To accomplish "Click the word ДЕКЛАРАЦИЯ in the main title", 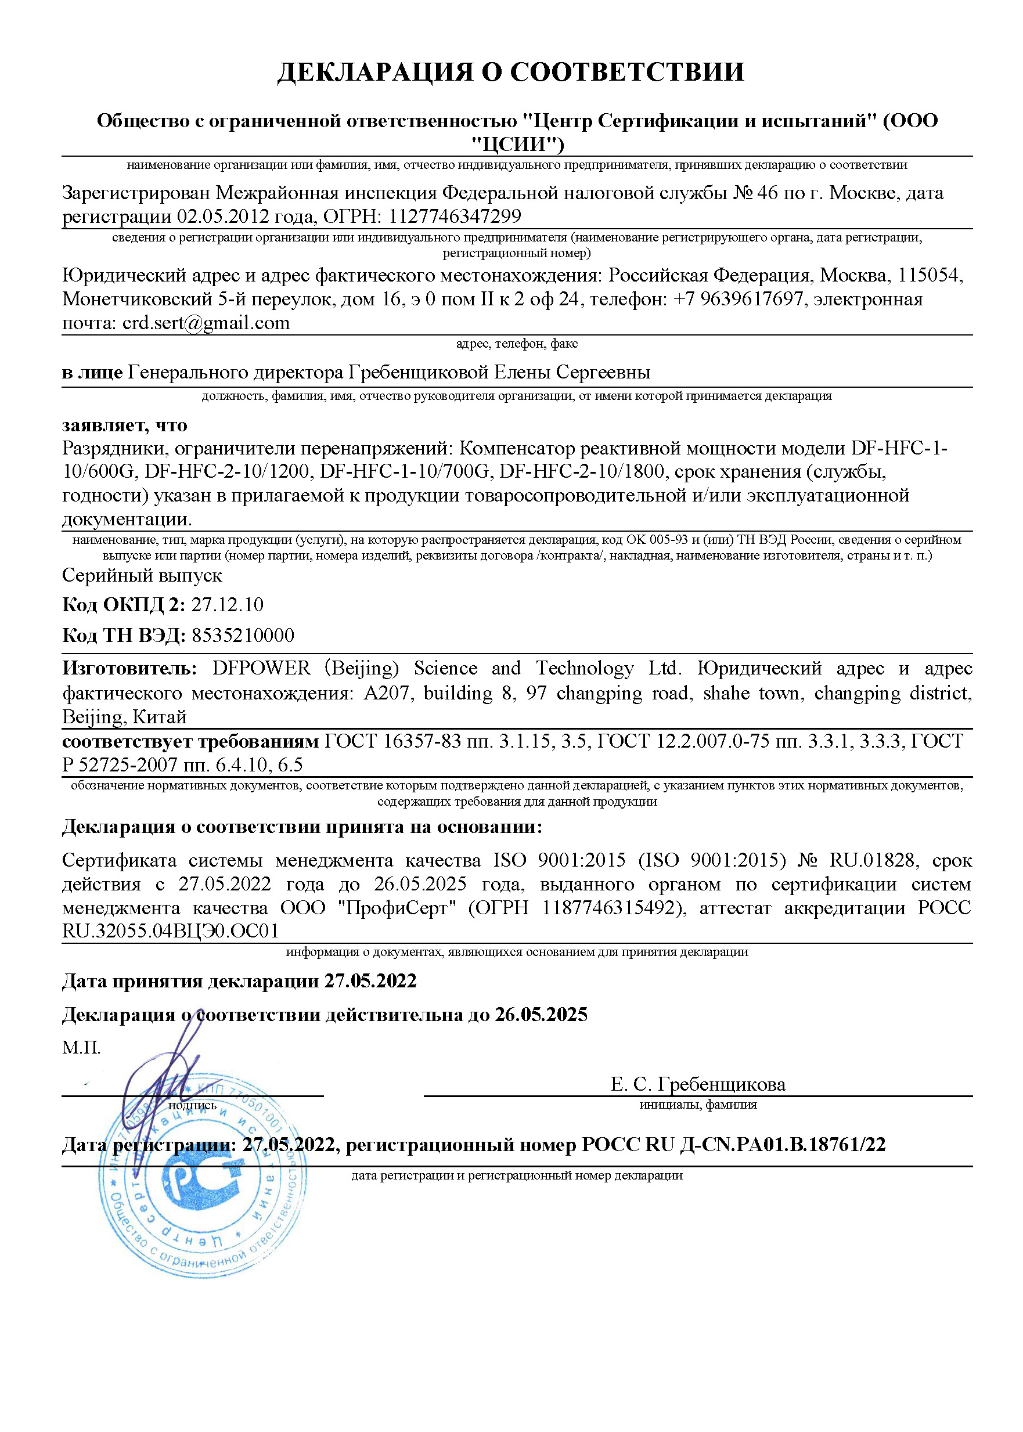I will pos(375,72).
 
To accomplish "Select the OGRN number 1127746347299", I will pos(455,216).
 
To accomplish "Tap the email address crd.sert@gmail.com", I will pos(206,323).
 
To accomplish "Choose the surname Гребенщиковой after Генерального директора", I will pos(418,372).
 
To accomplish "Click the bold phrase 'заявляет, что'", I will pos(125,425).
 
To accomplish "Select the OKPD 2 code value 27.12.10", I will pos(228,604).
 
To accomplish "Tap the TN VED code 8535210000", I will pos(243,635).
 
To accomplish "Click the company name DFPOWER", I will pos(261,668).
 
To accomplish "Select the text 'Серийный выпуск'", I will pos(142,576).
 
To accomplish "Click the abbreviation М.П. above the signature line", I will pos(81,1047).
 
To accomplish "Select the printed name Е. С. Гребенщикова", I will pos(698,1084).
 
